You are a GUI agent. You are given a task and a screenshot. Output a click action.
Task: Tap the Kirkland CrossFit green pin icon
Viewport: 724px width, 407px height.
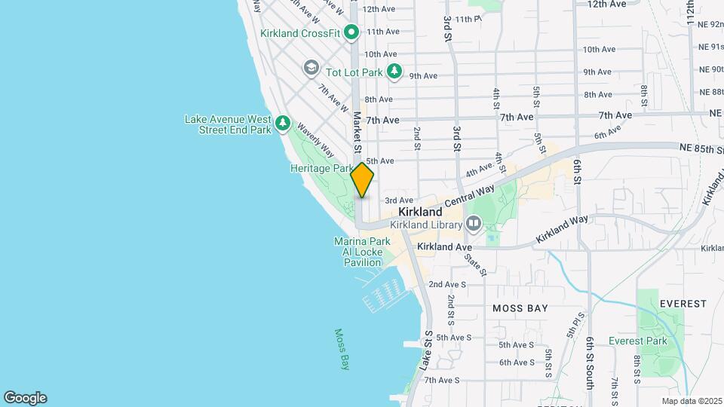[351, 32]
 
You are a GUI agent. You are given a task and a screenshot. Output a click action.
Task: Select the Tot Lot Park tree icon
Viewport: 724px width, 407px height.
[394, 72]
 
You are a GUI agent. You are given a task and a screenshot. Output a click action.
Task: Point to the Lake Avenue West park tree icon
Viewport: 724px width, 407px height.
[282, 122]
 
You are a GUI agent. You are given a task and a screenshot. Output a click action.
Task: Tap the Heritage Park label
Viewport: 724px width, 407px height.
[321, 169]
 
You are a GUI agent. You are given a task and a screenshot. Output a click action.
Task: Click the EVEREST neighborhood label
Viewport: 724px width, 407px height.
[683, 304]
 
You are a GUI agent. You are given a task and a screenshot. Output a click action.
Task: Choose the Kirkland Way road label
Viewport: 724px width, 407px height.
[562, 228]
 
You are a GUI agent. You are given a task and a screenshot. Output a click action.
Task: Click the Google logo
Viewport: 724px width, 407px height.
[25, 398]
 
